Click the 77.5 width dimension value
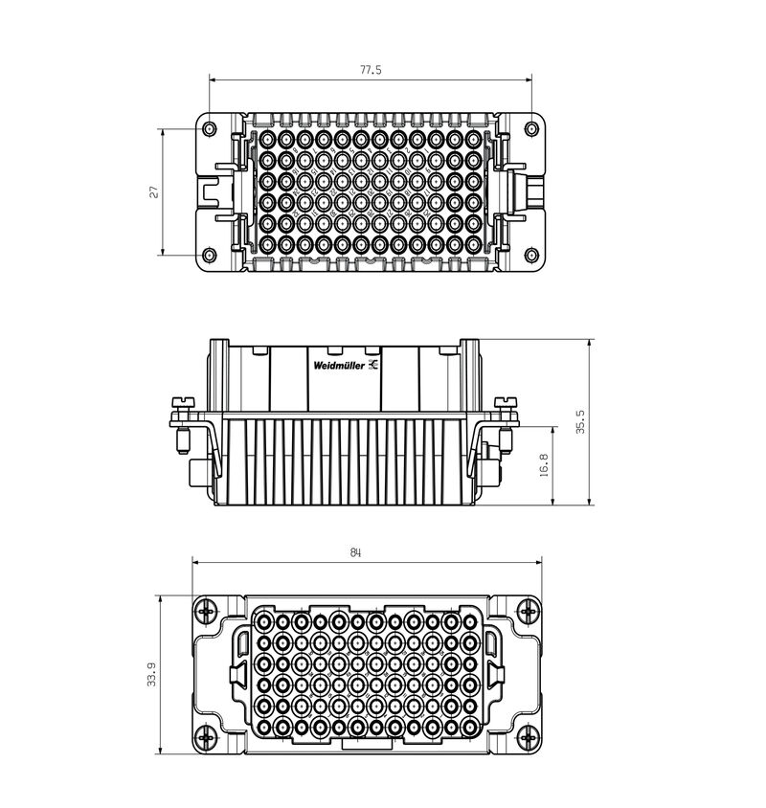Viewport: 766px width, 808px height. [371, 70]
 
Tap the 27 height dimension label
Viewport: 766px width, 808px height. [152, 192]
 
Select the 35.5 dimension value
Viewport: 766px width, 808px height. [580, 422]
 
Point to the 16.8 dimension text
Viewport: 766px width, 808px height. [544, 465]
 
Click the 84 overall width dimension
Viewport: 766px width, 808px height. [356, 553]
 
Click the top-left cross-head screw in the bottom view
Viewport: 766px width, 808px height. [206, 611]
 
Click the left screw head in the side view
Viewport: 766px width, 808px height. [181, 401]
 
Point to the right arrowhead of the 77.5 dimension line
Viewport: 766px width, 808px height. [529, 80]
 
